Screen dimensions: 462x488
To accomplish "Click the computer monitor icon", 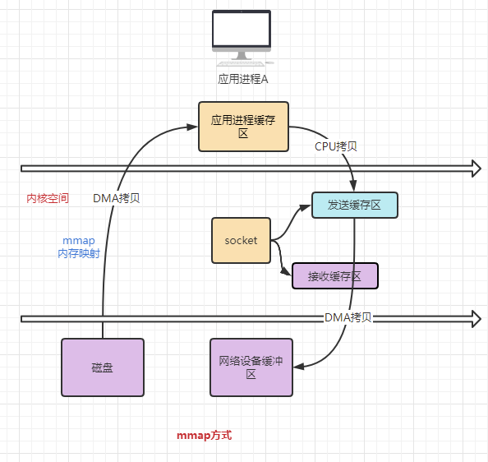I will [x=242, y=37].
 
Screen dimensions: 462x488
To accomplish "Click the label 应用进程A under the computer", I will [x=243, y=80].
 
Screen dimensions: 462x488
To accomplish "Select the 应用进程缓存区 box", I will [x=243, y=127].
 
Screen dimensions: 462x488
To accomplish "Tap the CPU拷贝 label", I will [x=336, y=146].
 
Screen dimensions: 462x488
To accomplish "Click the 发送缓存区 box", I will [x=354, y=205].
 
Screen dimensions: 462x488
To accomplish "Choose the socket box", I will [x=241, y=240].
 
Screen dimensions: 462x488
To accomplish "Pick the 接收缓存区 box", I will [x=335, y=276].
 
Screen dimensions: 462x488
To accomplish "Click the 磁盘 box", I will [x=102, y=367].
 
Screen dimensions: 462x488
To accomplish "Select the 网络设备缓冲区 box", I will [x=251, y=367].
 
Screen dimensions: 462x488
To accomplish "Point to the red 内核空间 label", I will [x=48, y=198].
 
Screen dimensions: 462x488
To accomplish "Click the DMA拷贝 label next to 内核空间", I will [x=116, y=198].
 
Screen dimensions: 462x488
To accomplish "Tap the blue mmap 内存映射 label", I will [x=79, y=247].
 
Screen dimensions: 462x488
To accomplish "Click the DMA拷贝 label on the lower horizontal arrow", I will [x=348, y=317].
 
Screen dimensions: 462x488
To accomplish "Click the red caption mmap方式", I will [x=204, y=435].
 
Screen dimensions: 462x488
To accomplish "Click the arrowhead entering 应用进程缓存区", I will [x=193, y=127].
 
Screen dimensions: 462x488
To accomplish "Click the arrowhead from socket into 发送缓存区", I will [x=306, y=206].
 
